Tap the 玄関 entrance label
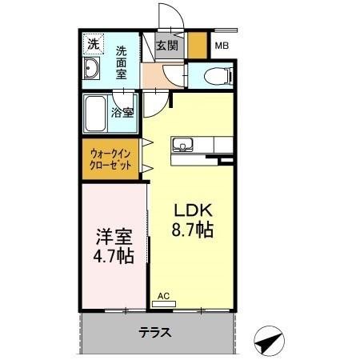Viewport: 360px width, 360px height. click(167, 46)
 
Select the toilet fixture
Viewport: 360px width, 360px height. click(215, 77)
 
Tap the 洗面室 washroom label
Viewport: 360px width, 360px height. click(122, 60)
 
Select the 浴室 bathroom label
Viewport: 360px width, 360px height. click(122, 113)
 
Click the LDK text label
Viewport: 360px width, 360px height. click(193, 212)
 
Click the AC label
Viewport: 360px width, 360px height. click(163, 295)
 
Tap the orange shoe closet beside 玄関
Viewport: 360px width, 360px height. click(198, 45)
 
